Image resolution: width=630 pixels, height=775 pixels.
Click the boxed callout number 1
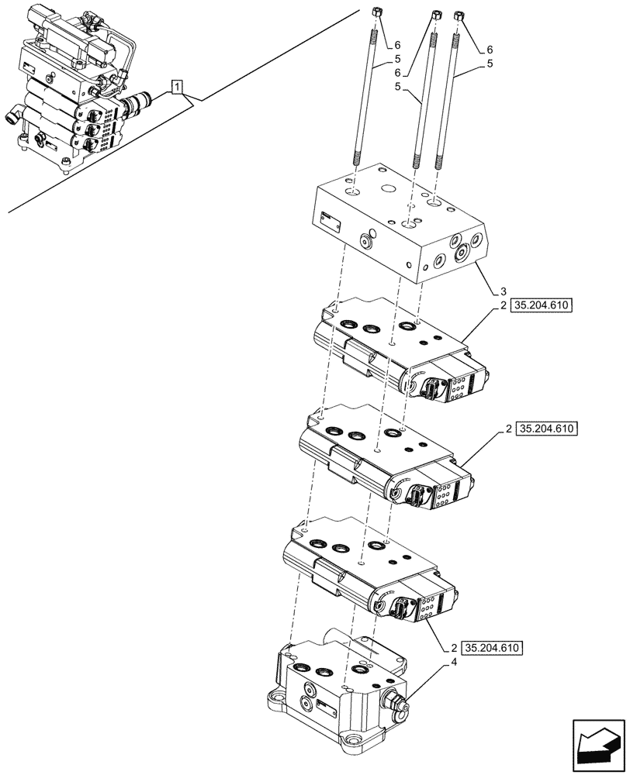click(x=178, y=87)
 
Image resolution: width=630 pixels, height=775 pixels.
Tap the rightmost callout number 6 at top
click(x=490, y=49)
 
